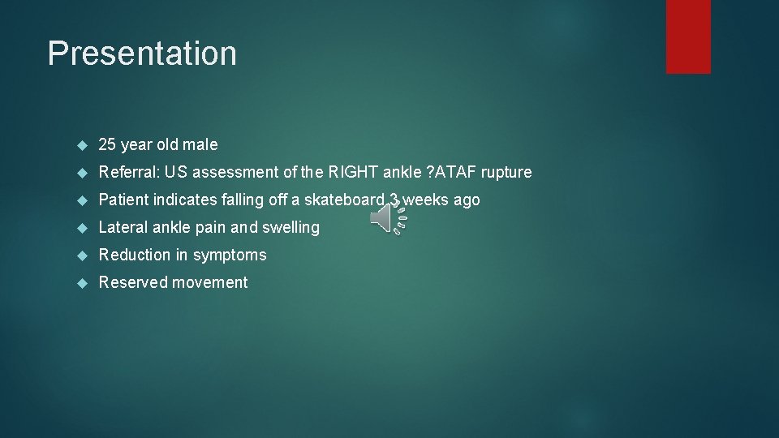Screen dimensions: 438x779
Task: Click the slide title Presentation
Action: pyautogui.click(x=142, y=54)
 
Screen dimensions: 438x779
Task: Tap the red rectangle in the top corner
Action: pyautogui.click(x=688, y=36)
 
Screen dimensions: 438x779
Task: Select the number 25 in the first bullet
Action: pyautogui.click(x=107, y=144)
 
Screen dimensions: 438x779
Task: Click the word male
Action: pyautogui.click(x=200, y=144)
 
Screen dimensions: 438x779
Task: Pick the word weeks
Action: pyautogui.click(x=425, y=200)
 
